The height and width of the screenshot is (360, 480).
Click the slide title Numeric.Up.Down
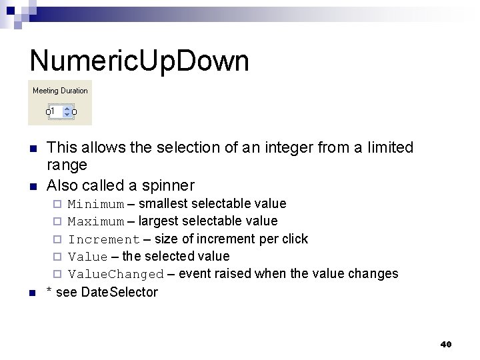[x=139, y=61]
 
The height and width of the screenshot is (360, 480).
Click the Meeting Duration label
[x=60, y=91]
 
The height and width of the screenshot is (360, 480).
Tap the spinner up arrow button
[x=67, y=108]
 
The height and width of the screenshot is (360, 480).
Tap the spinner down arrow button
[x=67, y=115]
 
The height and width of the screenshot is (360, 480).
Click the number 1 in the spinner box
[x=53, y=111]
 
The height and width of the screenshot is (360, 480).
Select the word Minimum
[x=96, y=204]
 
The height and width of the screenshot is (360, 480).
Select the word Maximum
[x=96, y=221]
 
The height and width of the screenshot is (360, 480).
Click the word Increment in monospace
[x=104, y=239]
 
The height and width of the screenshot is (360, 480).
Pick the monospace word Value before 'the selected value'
[x=88, y=257]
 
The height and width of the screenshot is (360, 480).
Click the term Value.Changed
[x=116, y=274]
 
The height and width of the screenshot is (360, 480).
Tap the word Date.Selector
[x=119, y=292]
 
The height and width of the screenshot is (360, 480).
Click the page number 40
[x=446, y=344]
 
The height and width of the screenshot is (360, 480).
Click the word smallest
[x=163, y=203]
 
